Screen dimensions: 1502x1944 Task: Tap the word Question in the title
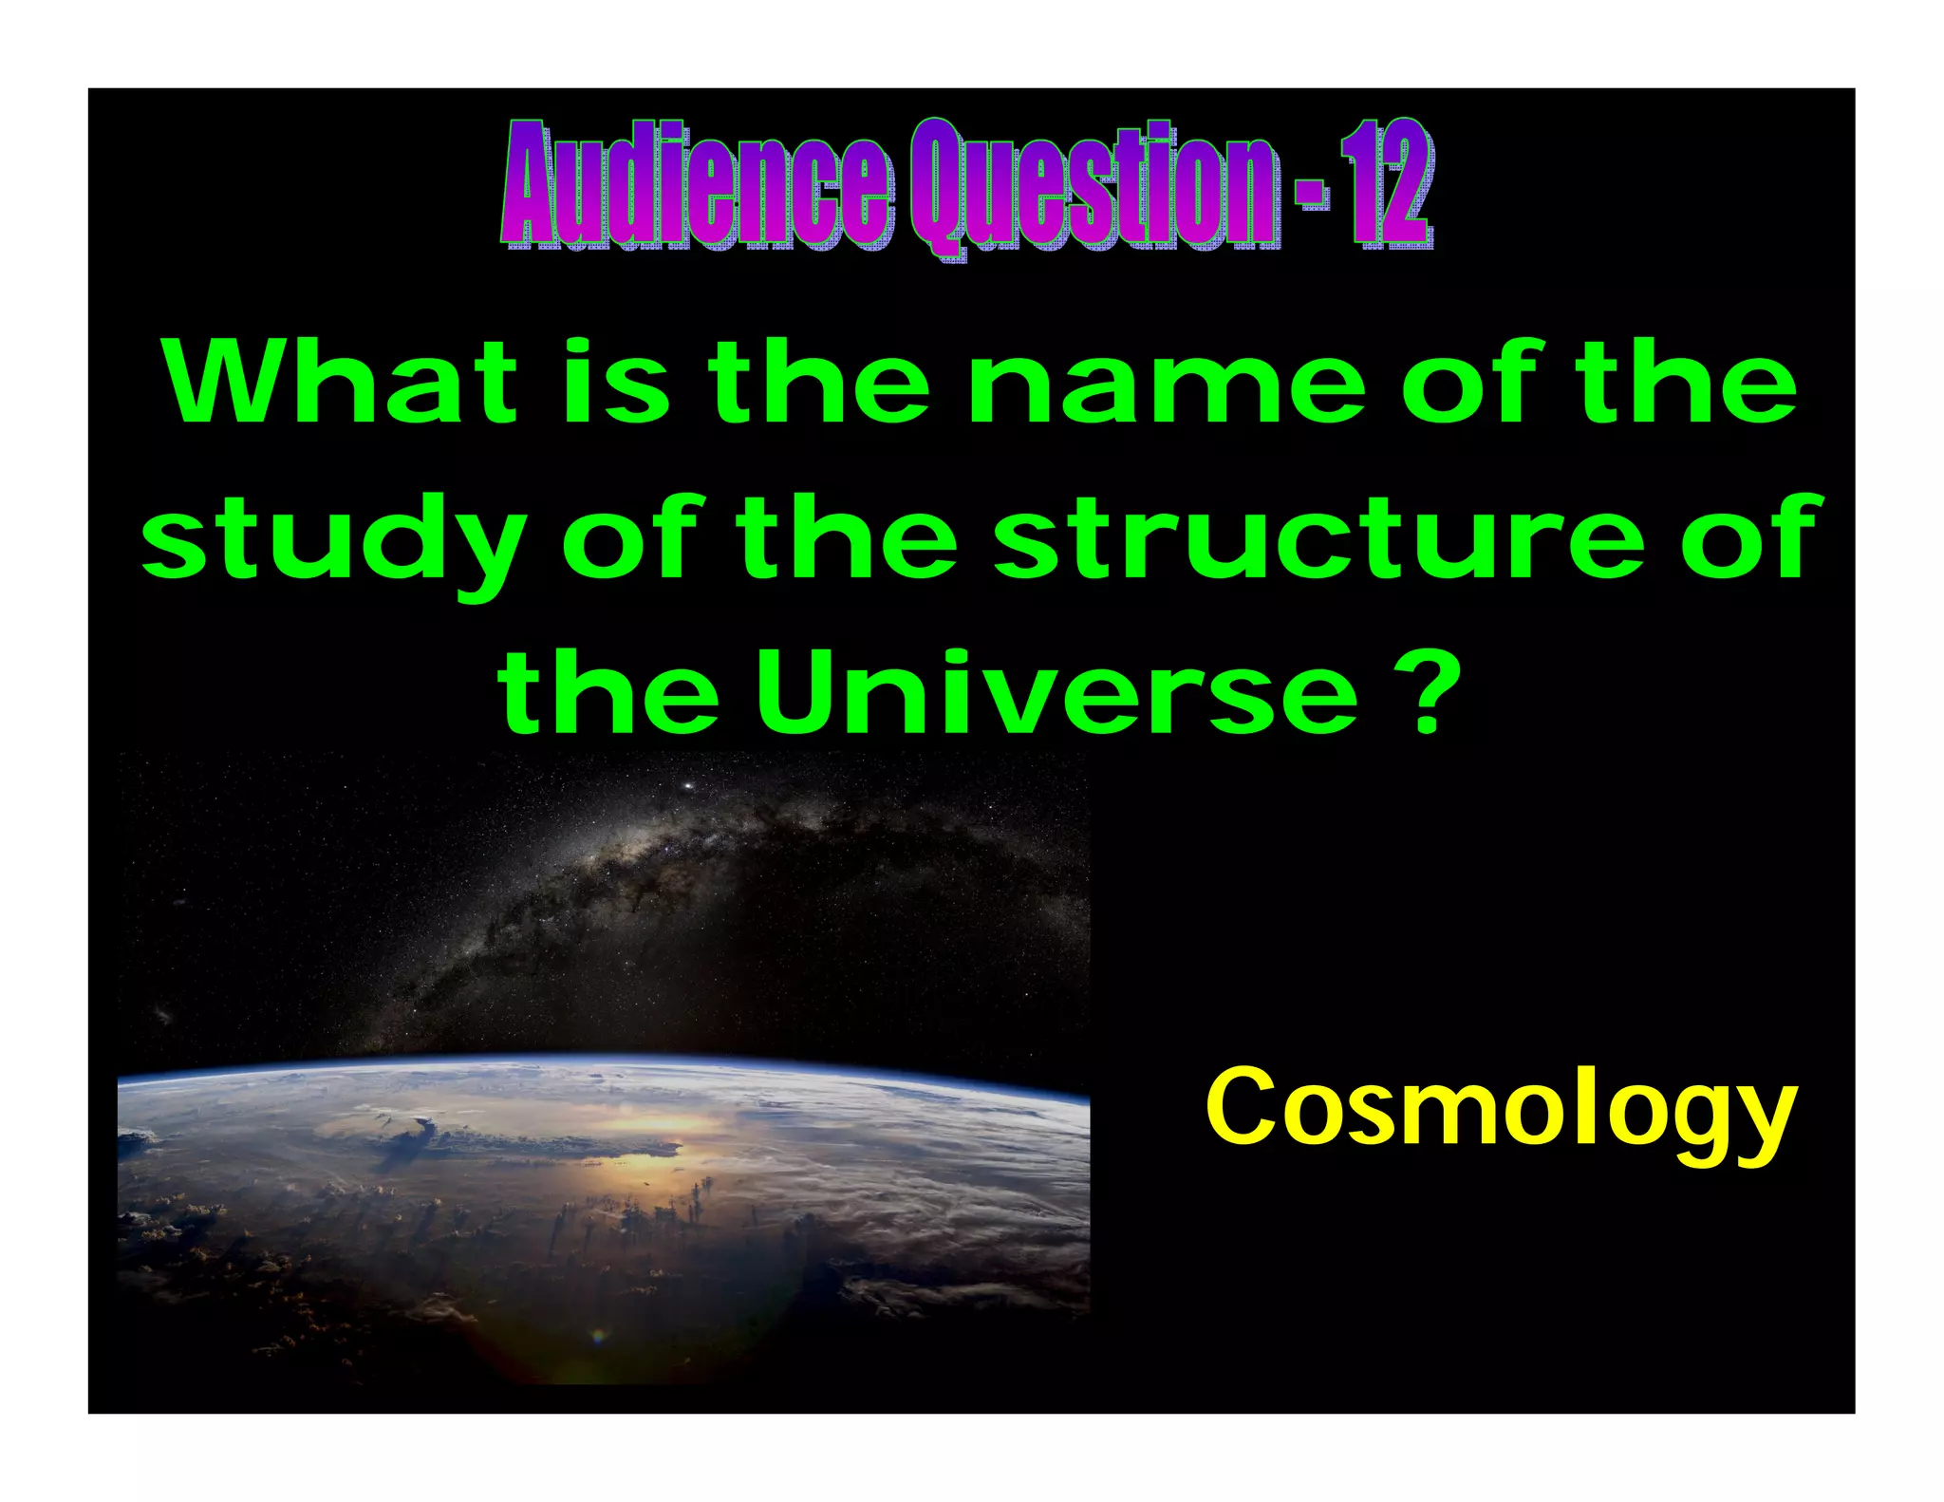1091,186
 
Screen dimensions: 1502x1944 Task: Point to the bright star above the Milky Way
686,786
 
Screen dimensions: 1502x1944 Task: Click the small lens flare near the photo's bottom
597,1337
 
